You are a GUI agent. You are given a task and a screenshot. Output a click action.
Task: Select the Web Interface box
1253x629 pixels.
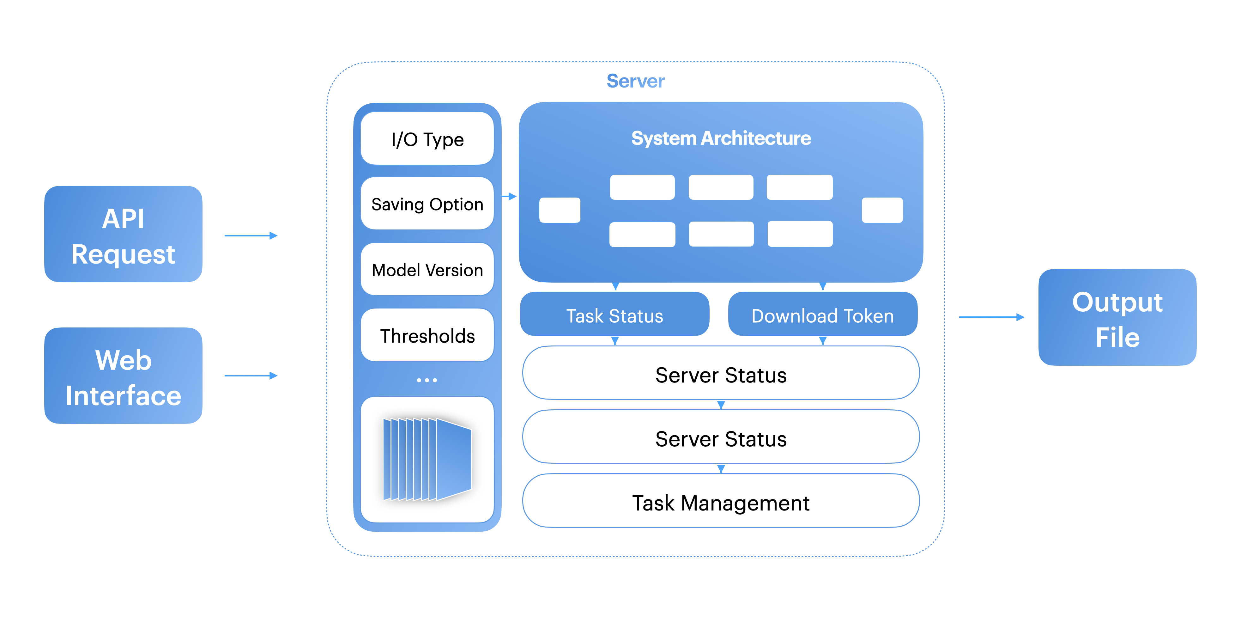(123, 376)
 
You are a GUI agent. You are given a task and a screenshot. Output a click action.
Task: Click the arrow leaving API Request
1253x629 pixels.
(251, 235)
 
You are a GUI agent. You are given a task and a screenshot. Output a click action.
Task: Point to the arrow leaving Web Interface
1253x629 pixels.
(251, 376)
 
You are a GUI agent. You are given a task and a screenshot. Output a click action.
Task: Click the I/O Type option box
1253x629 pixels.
(427, 139)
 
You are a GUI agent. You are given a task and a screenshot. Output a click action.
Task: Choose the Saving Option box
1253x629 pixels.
(427, 204)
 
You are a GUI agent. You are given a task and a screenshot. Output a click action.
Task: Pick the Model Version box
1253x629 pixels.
(427, 270)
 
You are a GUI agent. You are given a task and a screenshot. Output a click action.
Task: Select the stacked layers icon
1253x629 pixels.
(427, 459)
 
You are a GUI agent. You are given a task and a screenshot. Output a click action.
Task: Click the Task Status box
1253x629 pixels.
(614, 315)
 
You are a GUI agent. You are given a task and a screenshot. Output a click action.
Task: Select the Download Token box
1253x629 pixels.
(822, 315)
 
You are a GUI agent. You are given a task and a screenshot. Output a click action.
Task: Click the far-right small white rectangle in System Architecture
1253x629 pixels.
(882, 210)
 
